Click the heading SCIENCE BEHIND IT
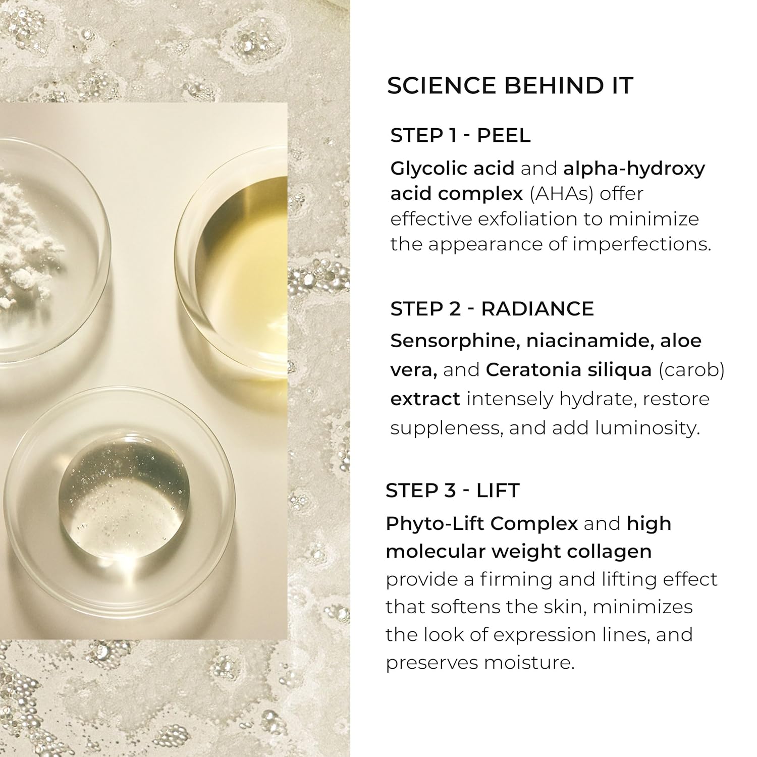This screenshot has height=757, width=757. click(x=510, y=86)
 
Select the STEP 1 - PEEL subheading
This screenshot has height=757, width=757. click(x=460, y=136)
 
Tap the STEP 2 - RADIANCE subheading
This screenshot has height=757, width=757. click(x=492, y=309)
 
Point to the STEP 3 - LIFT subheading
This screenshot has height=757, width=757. click(x=452, y=491)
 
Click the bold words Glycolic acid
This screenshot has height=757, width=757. click(x=452, y=169)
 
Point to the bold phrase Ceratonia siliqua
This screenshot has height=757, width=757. click(x=569, y=370)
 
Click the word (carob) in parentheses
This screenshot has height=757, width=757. click(x=691, y=370)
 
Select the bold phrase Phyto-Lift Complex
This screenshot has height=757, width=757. click(x=481, y=524)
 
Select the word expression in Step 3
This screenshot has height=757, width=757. click(x=543, y=635)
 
